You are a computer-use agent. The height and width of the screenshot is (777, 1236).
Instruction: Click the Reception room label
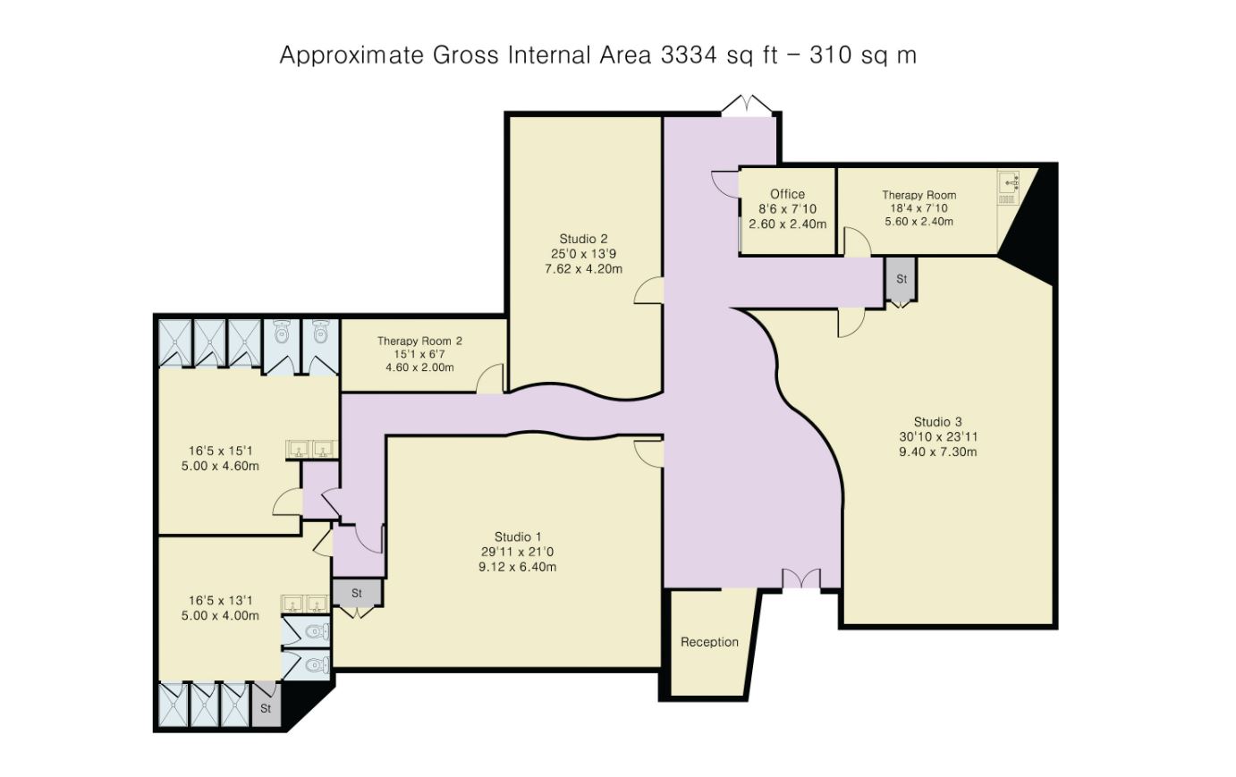(x=709, y=643)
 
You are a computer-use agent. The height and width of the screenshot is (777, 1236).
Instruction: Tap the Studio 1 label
(x=517, y=536)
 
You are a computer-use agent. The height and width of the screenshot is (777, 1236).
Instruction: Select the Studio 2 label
(x=583, y=239)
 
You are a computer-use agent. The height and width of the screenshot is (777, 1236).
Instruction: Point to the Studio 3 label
(x=937, y=422)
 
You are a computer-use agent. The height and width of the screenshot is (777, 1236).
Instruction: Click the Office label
(x=787, y=194)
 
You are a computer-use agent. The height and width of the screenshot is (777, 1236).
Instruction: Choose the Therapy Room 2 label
(x=419, y=341)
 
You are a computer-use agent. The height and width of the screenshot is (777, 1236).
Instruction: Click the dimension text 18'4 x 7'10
(x=919, y=208)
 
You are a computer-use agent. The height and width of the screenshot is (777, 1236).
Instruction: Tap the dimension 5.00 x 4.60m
(x=220, y=466)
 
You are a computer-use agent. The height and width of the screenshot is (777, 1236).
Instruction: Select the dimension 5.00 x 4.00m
(x=220, y=615)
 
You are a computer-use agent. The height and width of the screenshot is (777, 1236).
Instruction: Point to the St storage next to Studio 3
(x=902, y=279)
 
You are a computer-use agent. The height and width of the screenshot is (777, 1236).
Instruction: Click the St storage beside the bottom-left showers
(x=266, y=707)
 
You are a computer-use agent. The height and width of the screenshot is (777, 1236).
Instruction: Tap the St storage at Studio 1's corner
(x=357, y=594)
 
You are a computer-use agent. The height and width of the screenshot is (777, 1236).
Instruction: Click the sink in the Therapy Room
(x=1008, y=188)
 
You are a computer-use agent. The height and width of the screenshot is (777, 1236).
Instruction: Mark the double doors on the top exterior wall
(x=746, y=106)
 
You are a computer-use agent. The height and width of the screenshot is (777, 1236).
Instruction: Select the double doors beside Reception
(x=801, y=579)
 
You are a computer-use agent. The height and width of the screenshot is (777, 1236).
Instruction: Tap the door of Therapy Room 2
(x=490, y=378)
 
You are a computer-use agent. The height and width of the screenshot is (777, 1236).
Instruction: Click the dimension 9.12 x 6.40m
(x=517, y=567)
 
